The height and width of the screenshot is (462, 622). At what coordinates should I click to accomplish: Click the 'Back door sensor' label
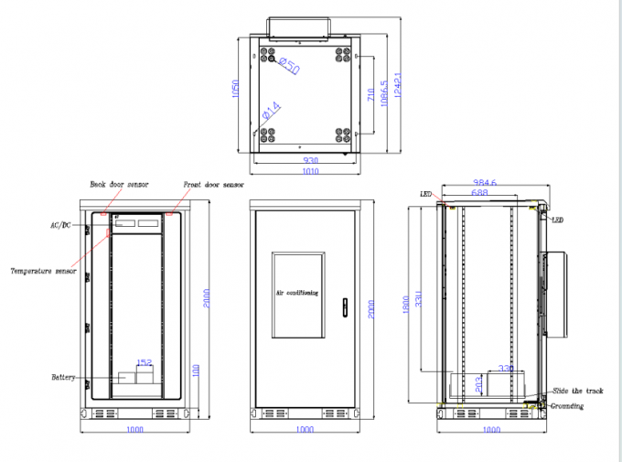click(118, 184)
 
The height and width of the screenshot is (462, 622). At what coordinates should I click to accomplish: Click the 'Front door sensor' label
click(213, 184)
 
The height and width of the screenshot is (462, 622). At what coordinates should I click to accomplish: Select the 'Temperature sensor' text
click(43, 271)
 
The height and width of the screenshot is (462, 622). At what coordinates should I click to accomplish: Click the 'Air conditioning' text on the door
click(297, 293)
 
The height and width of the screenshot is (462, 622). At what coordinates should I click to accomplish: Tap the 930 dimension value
click(310, 160)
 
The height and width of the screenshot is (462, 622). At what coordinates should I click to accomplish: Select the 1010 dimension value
click(310, 170)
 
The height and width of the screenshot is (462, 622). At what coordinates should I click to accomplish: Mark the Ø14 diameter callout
click(272, 113)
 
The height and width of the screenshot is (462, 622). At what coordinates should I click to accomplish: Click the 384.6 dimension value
click(486, 183)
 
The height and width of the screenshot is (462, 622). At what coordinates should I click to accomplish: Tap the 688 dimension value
click(478, 193)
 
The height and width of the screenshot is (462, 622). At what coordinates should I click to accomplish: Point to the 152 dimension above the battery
click(145, 362)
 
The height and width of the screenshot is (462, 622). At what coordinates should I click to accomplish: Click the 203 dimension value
click(477, 383)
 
